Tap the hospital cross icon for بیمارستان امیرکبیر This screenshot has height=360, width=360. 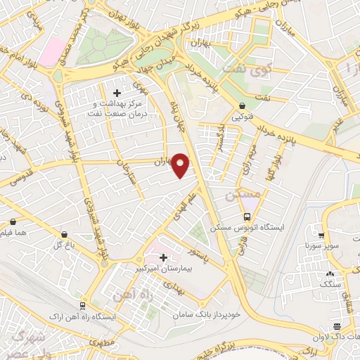164,257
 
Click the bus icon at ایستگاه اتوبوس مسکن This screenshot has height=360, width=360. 247,217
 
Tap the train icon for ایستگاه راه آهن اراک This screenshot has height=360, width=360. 83,306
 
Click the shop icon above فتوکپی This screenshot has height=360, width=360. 242,105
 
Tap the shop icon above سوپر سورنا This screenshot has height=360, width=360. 320,236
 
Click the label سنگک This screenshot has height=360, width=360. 329,283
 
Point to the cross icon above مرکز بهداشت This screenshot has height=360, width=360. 117,91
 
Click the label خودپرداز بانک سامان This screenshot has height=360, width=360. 209,314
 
